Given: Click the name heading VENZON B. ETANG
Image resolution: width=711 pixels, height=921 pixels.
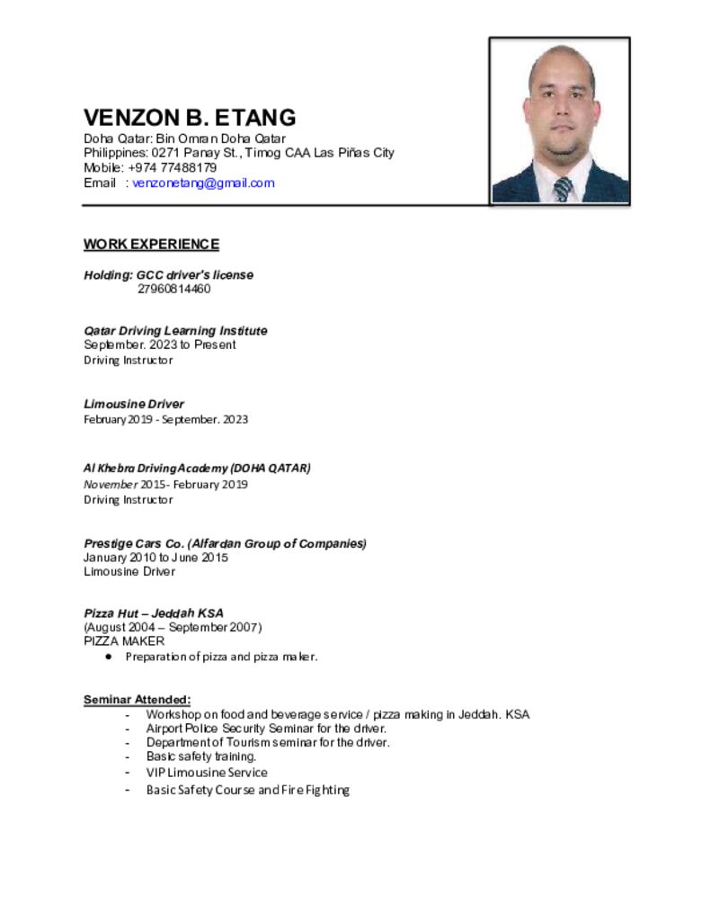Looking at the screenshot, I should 190,118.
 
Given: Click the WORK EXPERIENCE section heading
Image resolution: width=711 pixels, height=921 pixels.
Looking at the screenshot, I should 151,245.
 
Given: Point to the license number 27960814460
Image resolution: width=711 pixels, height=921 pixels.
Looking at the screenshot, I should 173,289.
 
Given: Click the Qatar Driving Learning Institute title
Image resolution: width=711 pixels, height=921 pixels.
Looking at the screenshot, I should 175,331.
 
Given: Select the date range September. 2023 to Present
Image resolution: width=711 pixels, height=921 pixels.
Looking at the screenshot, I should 160,345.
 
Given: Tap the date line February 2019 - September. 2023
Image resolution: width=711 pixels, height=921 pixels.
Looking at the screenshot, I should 165,420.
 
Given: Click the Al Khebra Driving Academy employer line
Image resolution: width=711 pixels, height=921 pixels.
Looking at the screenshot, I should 197,469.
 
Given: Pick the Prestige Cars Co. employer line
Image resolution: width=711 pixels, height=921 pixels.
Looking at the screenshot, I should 225,543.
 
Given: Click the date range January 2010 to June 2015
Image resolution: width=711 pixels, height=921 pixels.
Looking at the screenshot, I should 156,558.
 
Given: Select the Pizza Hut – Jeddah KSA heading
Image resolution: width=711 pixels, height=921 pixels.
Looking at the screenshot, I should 154,613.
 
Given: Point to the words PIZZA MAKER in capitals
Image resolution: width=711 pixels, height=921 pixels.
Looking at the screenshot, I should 124,641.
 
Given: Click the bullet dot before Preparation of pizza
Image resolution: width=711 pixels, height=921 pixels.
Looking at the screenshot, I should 108,657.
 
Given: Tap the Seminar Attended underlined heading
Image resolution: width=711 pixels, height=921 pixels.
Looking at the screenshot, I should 137,700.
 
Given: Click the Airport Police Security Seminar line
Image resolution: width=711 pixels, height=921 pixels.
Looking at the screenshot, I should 266,729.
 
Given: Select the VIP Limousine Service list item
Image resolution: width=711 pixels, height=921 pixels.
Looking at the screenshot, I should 207,773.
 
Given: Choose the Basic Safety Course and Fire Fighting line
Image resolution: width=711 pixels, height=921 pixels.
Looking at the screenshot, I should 247,791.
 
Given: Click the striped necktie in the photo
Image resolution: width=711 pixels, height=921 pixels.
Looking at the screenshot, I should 563,189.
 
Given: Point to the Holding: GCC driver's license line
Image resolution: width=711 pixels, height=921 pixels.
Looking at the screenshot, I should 168,275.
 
